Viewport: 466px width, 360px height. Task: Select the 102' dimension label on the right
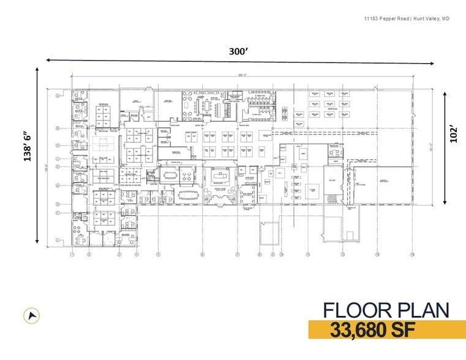[453, 133]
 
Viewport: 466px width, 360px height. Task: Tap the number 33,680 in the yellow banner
[362, 329]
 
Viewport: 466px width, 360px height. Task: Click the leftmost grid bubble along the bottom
[72, 254]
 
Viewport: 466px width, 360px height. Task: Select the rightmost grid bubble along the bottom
[412, 254]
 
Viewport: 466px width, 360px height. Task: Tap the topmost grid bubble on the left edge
[58, 96]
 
